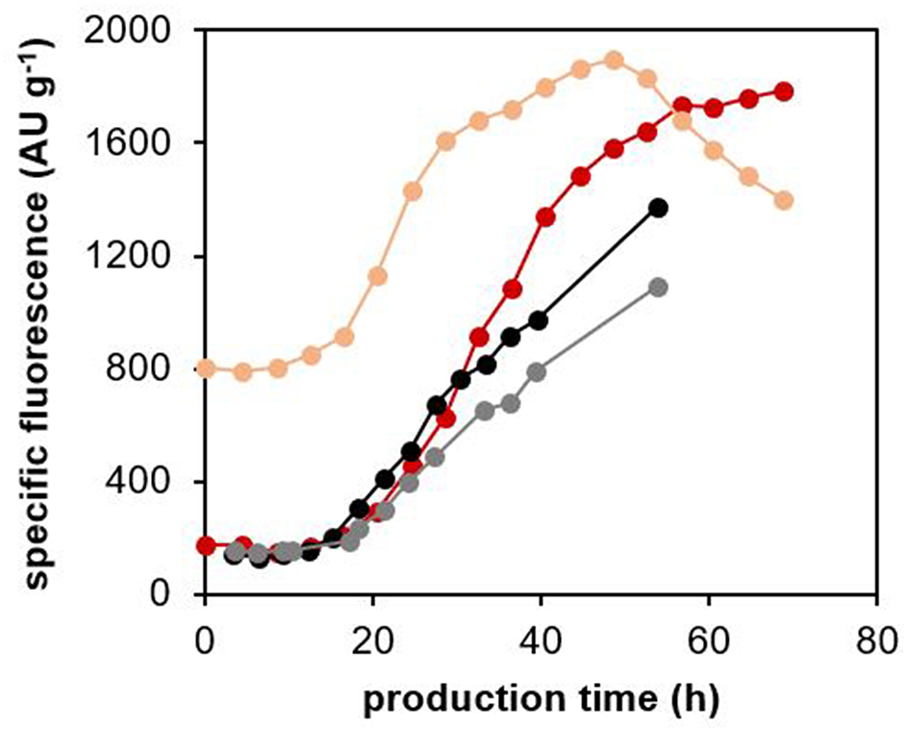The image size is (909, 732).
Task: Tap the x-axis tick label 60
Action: pos(708,637)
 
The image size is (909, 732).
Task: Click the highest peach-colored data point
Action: pos(614,61)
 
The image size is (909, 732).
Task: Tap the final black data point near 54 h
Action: pos(658,208)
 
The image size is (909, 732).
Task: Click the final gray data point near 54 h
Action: pos(658,288)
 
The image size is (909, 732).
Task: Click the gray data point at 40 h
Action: pos(536,371)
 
